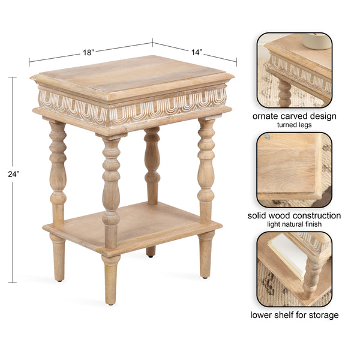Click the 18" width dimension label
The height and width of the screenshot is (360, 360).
(88, 52)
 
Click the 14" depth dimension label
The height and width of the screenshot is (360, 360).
(196, 52)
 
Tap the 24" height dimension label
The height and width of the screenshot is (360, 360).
(14, 173)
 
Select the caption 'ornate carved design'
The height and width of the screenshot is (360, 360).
(294, 116)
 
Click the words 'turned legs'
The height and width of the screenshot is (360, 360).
(294, 125)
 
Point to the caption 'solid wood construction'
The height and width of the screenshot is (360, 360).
(294, 215)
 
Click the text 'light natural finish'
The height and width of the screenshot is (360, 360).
(294, 224)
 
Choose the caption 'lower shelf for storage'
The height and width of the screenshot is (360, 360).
(294, 315)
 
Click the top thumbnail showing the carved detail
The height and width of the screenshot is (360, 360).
(295, 70)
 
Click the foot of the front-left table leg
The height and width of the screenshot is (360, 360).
(58, 273)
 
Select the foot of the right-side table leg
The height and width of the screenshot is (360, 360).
(206, 270)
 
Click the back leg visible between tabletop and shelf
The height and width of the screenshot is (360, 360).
(152, 162)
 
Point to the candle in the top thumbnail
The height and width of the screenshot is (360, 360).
(316, 41)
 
